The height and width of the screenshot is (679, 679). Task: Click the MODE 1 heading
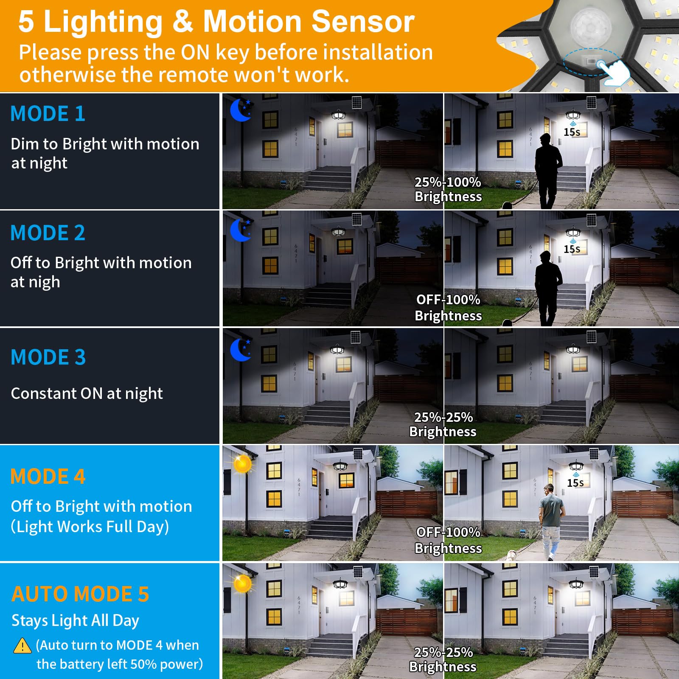click(48, 114)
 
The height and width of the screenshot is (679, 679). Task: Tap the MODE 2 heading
click(48, 233)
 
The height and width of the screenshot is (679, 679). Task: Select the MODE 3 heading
click(48, 357)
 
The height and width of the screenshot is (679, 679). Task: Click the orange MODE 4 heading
click(48, 477)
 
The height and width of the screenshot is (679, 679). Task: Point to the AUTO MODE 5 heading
click(80, 594)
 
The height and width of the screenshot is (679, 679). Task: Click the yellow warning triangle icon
click(22, 646)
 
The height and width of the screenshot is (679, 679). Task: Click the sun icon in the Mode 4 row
click(242, 464)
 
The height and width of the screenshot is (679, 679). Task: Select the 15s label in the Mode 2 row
click(572, 249)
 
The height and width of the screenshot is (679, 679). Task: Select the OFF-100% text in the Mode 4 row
click(448, 532)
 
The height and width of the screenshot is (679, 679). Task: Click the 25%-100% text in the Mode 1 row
click(448, 182)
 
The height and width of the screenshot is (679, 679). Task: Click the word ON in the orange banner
click(195, 53)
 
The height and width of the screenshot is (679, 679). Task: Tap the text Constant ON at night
click(87, 394)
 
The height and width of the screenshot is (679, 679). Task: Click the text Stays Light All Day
click(75, 621)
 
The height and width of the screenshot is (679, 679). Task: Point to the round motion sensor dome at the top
click(591, 25)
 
